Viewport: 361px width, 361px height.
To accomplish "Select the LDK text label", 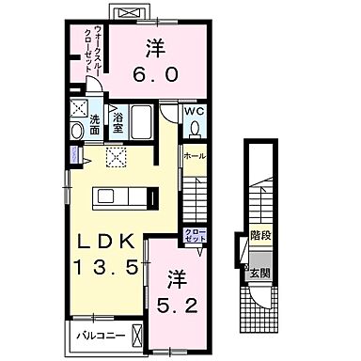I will coord(104,240).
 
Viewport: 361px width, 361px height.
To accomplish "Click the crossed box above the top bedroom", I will coord(123,12).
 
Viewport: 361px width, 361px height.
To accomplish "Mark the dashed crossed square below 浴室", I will coord(117,157).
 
